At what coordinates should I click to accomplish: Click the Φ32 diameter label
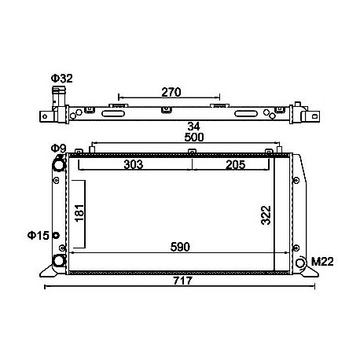point(61,79)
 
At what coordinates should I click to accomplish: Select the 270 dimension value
point(171,92)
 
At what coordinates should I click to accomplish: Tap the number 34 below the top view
point(193,127)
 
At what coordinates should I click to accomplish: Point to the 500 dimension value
point(194,138)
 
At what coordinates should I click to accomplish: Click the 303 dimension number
point(134,164)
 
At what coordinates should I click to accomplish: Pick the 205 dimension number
point(236,165)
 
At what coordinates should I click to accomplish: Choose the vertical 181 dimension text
point(79,213)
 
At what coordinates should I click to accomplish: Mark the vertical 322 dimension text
point(266,215)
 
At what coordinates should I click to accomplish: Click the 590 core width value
point(180,247)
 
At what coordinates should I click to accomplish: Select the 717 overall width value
point(182,281)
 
